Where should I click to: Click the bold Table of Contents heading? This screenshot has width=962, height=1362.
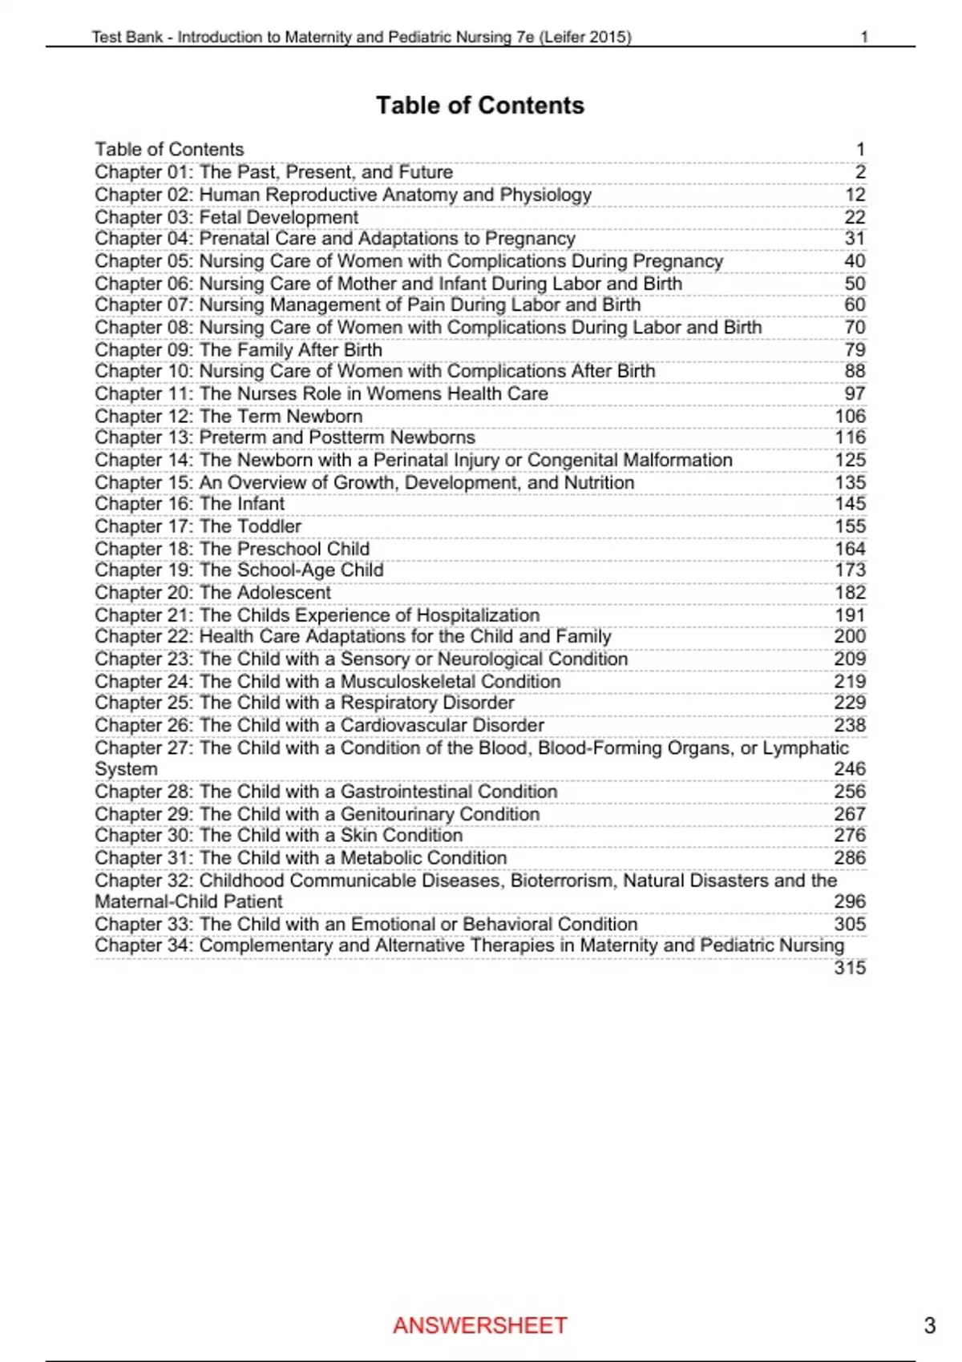pos(480,106)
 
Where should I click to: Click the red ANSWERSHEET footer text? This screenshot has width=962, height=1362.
pos(480,1325)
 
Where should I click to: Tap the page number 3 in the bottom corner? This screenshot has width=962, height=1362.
pos(930,1325)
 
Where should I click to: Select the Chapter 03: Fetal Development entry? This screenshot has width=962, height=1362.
pos(227,217)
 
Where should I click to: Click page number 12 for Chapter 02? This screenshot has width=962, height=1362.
pos(855,195)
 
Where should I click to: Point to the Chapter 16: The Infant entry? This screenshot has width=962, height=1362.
pos(189,504)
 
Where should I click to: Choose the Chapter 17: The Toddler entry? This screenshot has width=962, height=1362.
pos(198,526)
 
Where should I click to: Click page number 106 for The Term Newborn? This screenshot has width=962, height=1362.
pos(850,417)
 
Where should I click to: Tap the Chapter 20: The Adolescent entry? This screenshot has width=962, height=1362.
pos(212,593)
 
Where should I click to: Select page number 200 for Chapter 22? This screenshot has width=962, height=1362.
pos(850,636)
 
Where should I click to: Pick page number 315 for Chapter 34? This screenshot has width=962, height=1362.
pos(850,968)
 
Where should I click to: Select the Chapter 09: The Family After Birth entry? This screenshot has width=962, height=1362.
pos(238,350)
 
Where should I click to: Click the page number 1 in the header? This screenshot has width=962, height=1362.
pos(864,37)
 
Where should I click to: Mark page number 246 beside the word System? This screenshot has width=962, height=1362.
pos(850,769)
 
